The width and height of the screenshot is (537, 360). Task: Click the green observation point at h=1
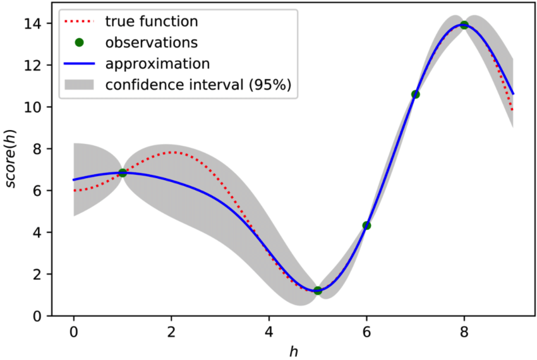[123, 173]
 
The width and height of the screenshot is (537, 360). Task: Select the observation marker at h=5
[318, 291]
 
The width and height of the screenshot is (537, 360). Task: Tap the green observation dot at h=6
[366, 225]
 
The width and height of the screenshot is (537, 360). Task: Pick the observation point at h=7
[415, 94]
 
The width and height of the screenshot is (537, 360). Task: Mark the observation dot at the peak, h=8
[464, 25]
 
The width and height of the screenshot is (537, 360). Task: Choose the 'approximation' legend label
[158, 64]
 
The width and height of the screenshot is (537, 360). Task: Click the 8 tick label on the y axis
[38, 149]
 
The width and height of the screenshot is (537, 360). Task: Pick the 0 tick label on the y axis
[38, 316]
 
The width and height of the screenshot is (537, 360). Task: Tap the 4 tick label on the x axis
[268, 331]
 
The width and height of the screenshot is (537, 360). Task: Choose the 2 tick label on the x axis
[171, 331]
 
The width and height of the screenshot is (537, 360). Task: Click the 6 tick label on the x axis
[366, 331]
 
